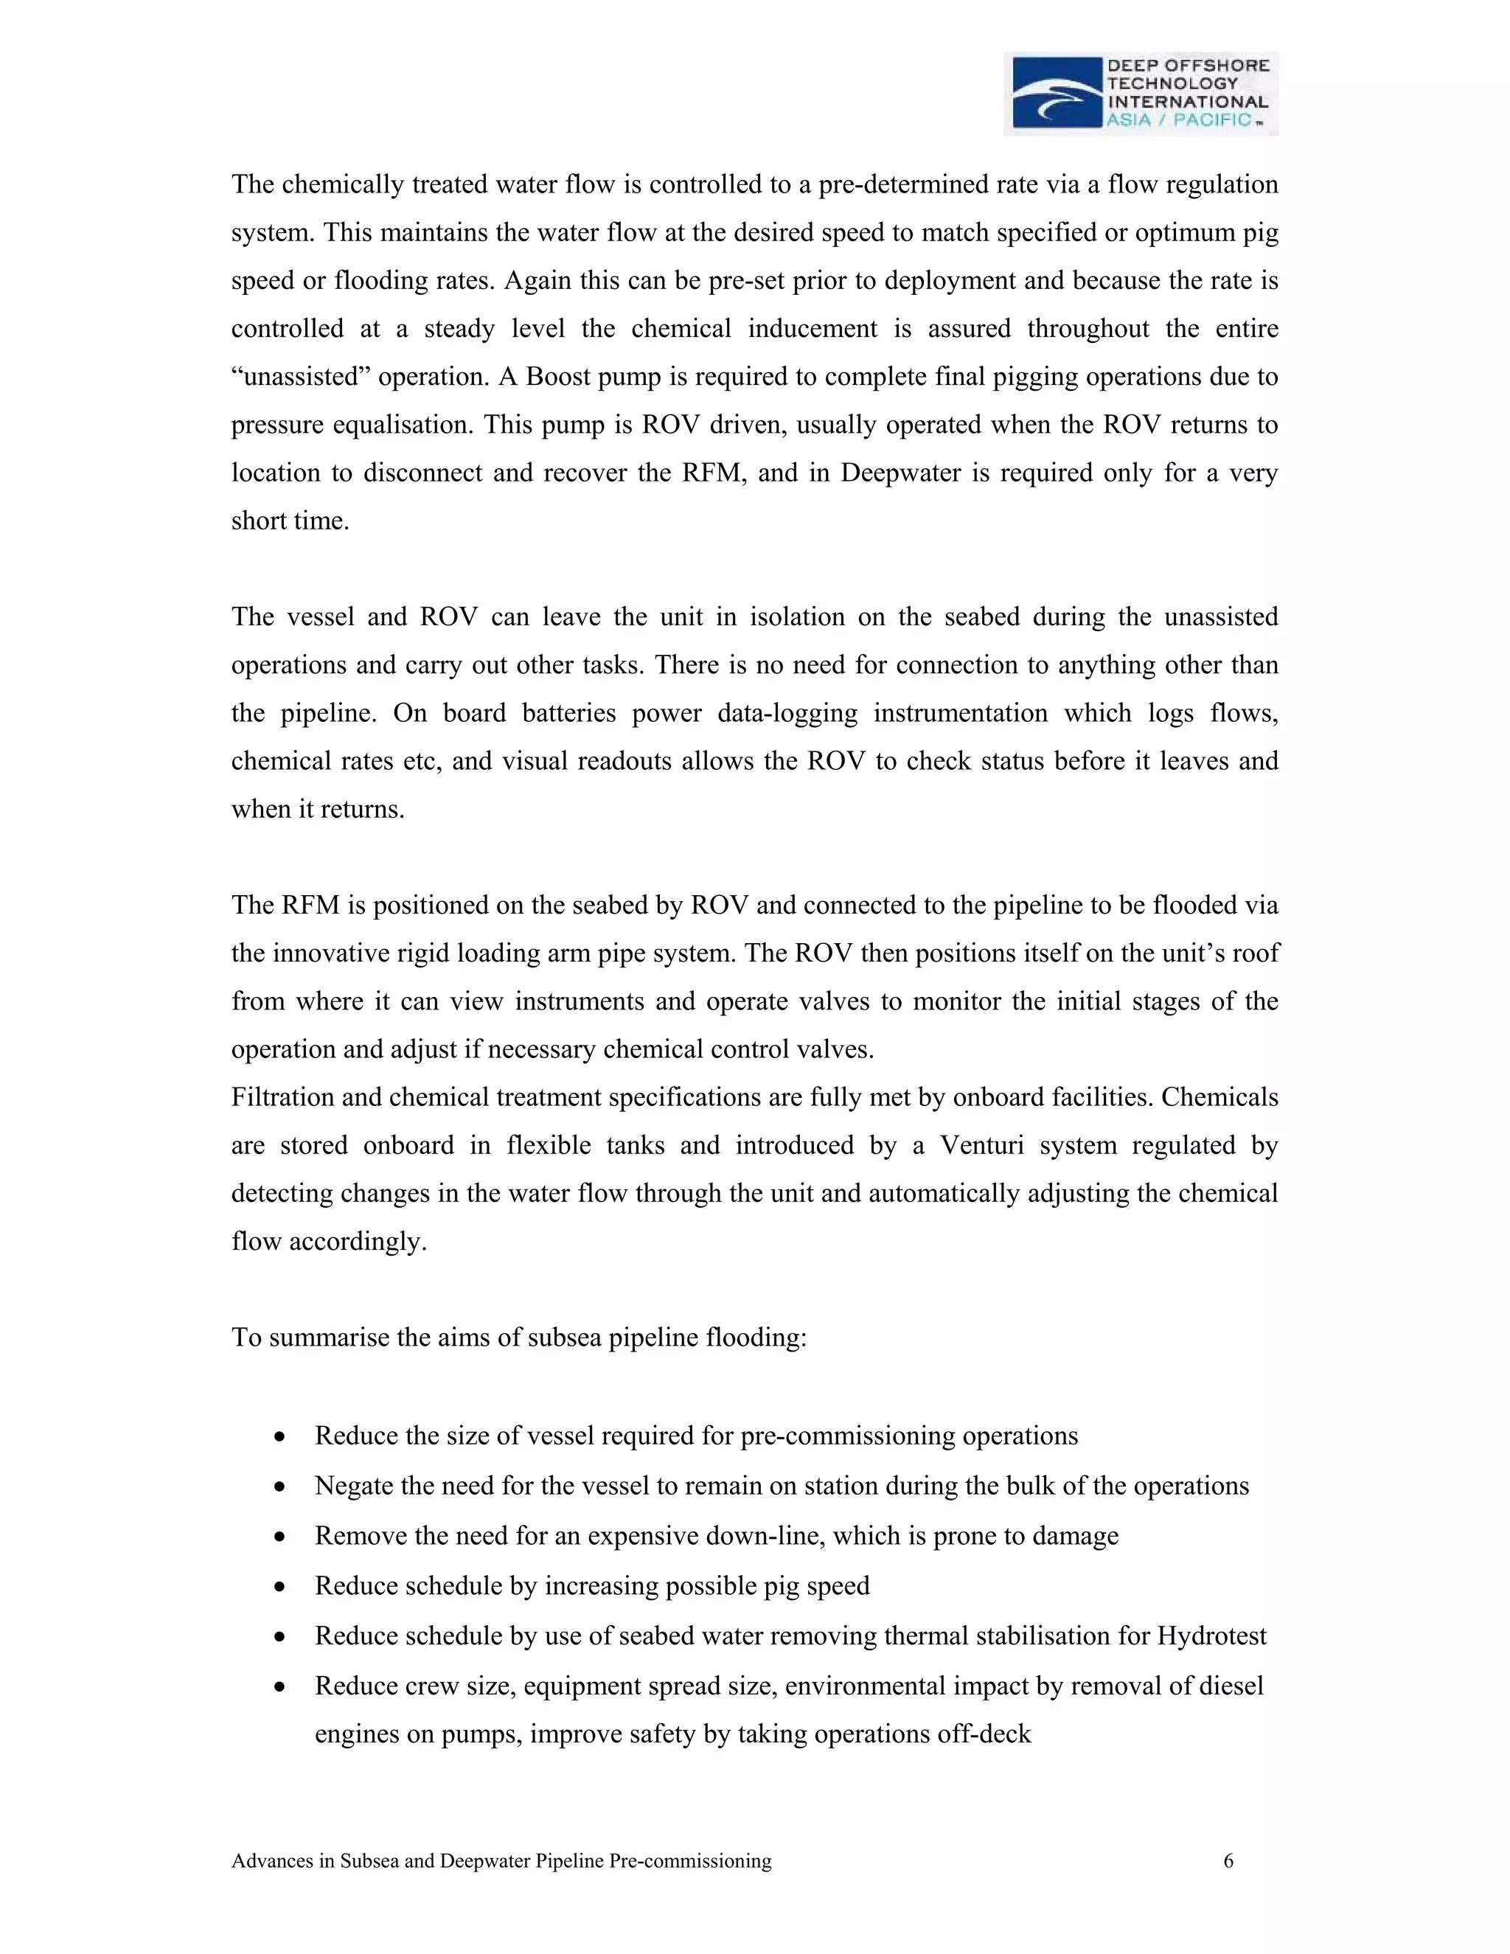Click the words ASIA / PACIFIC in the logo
coord(1179,120)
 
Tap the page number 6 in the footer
coord(1228,1861)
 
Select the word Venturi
coord(981,1145)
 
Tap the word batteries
coord(570,713)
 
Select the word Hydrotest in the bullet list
coord(1211,1636)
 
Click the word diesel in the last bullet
coord(1231,1686)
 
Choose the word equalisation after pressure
coord(401,424)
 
